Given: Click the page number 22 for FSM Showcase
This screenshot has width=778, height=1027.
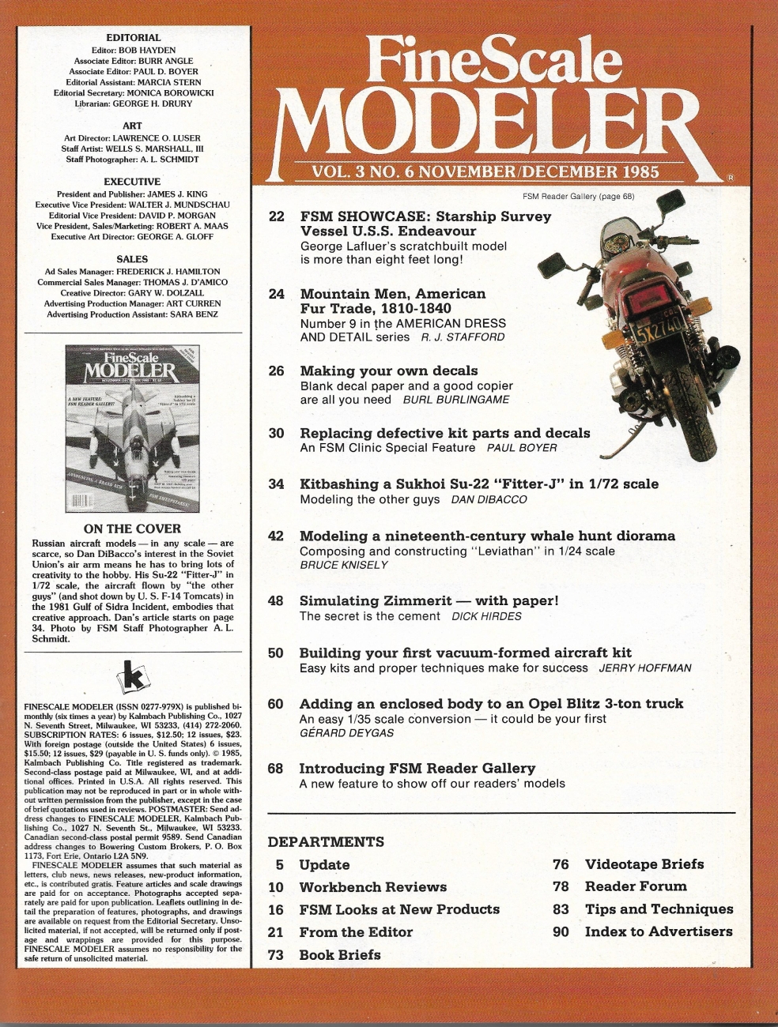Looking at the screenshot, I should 276,216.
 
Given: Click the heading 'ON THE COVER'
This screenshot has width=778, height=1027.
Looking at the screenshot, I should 132,529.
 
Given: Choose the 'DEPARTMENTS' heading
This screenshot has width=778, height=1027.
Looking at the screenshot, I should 326,841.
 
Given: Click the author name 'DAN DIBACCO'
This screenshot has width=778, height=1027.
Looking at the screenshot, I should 489,499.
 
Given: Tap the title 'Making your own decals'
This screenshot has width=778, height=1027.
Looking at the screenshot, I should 389,371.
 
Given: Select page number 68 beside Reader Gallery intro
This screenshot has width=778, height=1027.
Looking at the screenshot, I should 276,768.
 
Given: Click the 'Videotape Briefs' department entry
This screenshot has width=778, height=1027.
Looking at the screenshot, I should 644,864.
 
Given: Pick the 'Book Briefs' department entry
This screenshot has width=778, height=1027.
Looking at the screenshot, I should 340,954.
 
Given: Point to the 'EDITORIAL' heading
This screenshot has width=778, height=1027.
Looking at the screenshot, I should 133,37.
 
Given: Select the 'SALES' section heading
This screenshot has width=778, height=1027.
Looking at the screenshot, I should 132,259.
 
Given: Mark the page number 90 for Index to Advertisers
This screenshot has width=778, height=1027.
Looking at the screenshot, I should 561,931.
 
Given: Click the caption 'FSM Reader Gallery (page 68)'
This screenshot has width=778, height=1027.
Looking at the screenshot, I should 578,196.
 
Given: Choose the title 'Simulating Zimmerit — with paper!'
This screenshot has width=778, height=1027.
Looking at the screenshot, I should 429,600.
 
